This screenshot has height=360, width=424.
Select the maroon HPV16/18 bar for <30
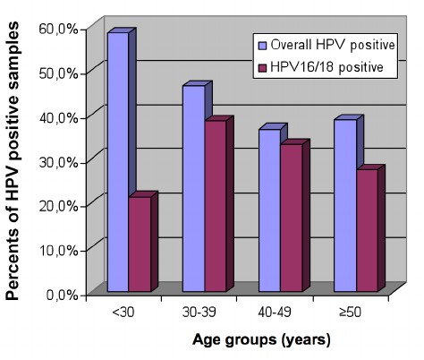(x=140, y=246)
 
